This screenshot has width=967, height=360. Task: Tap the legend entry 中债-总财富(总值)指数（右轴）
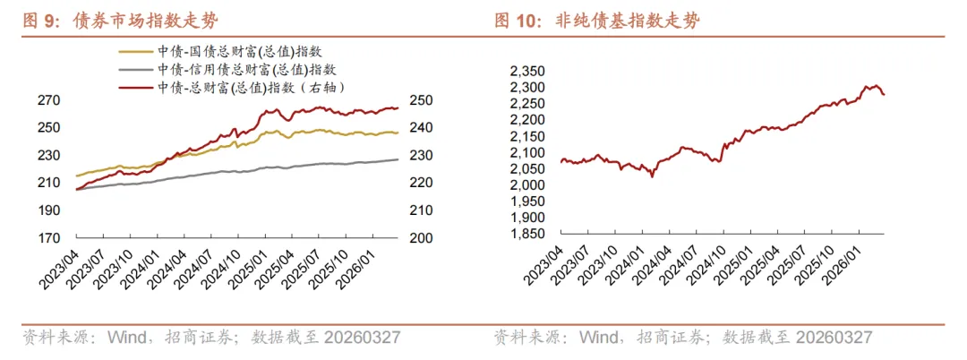pyautogui.click(x=252, y=86)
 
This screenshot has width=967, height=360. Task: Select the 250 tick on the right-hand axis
pyautogui.click(x=420, y=100)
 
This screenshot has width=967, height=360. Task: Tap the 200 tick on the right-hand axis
pyautogui.click(x=420, y=238)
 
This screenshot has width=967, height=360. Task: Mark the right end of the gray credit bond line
pyautogui.click(x=398, y=159)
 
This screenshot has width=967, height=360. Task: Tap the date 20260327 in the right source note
pyautogui.click(x=832, y=338)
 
